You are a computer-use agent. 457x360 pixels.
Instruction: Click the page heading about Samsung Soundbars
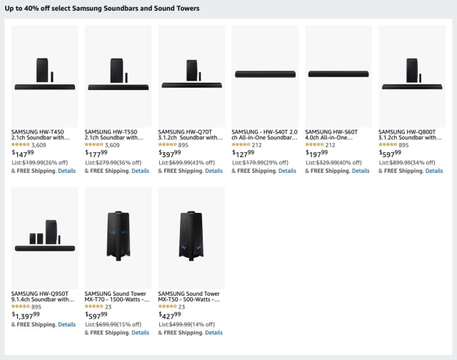pos(102,9)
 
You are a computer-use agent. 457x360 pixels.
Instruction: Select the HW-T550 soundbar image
pos(118,76)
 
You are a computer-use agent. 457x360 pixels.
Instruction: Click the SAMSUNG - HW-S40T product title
pos(264,134)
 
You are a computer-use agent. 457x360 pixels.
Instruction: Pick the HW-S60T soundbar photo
pos(338,74)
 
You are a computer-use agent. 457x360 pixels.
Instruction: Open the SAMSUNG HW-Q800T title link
pos(412,134)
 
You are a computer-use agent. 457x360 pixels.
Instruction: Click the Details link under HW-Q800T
pos(434,171)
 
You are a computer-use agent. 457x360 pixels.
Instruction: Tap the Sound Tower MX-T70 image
pos(118,236)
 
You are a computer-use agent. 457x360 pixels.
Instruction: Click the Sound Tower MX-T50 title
pos(190,296)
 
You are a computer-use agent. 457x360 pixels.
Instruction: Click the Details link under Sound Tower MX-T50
pos(214,333)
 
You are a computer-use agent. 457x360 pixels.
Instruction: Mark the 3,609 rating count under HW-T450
pos(40,144)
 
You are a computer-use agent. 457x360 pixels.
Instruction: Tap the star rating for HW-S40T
pos(241,144)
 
